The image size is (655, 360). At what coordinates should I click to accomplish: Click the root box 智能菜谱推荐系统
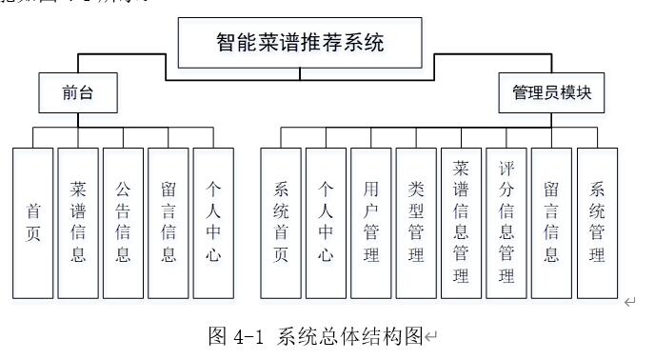(301, 42)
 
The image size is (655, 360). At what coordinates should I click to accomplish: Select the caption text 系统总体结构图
(348, 336)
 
